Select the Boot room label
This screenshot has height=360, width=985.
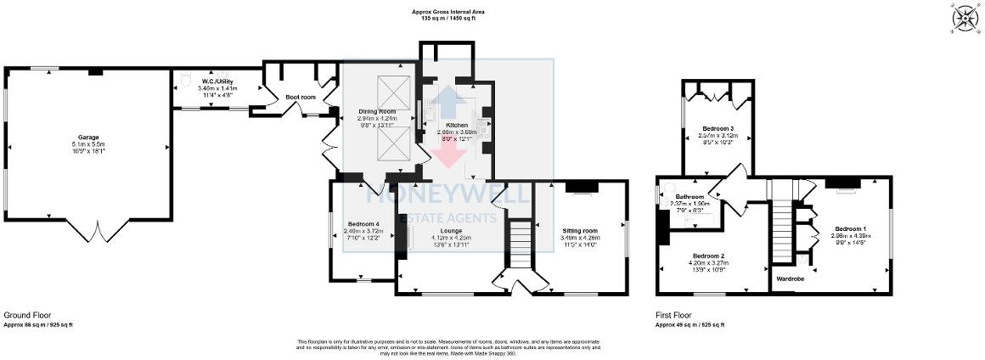coord(300,98)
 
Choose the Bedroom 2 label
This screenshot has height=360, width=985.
coord(707,256)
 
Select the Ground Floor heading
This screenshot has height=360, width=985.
coord(25,314)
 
